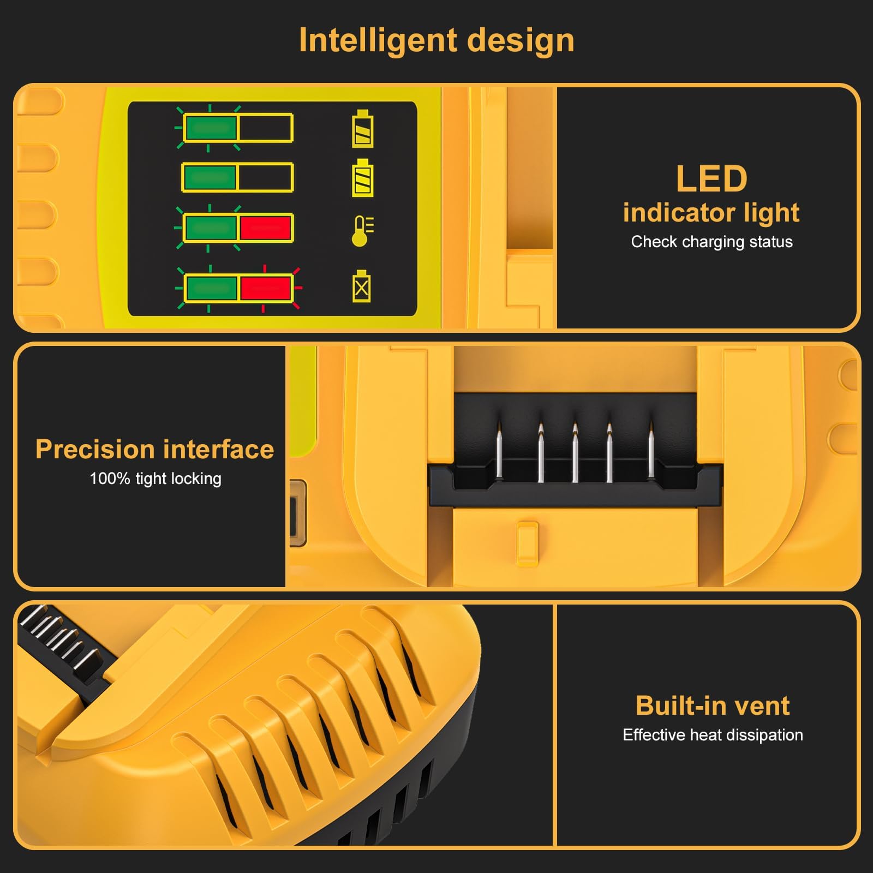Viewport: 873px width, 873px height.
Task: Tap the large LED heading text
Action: click(711, 179)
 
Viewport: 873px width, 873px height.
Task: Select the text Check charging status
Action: click(711, 242)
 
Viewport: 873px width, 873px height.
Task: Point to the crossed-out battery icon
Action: click(361, 286)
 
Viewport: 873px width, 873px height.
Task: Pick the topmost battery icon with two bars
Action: click(363, 129)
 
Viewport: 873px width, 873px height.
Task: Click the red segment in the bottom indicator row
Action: click(266, 288)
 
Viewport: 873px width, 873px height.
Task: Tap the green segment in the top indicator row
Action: click(210, 128)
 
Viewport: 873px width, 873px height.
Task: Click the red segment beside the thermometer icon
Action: click(266, 228)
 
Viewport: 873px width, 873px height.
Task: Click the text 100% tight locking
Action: click(156, 479)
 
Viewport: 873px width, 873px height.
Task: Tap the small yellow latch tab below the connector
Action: click(527, 542)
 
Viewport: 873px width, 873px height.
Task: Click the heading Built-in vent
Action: click(713, 705)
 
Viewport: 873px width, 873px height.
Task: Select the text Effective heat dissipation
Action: click(713, 735)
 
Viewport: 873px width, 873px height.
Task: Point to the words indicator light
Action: click(711, 212)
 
